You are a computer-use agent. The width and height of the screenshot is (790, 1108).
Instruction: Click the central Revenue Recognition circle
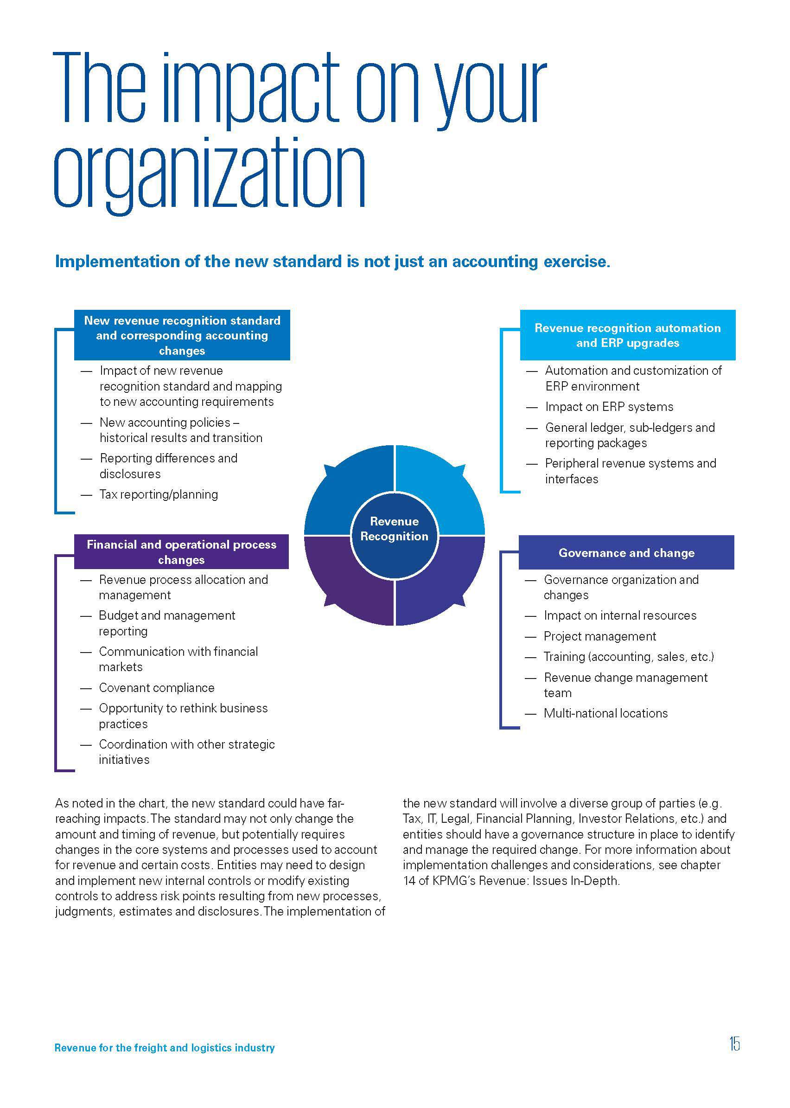click(394, 535)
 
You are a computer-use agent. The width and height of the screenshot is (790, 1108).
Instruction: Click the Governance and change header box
click(626, 552)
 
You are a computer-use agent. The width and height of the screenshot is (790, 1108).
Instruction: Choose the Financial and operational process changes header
click(181, 552)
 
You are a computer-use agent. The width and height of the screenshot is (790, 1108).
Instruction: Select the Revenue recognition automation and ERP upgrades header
click(628, 335)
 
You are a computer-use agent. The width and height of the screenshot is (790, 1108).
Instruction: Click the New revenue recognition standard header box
click(182, 335)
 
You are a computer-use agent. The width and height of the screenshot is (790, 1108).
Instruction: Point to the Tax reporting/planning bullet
click(159, 494)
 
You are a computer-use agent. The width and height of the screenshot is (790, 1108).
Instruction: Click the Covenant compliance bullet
click(157, 688)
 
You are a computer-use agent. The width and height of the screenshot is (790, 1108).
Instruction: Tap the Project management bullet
click(600, 636)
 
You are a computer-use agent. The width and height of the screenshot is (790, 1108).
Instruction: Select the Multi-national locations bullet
click(605, 713)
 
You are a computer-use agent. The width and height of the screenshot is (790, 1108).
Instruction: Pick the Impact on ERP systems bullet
click(609, 407)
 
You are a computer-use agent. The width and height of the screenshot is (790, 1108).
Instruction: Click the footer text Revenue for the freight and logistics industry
click(165, 1048)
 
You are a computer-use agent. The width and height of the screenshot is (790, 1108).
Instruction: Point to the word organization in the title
click(209, 175)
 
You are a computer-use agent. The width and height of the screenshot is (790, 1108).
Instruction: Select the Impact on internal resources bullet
click(620, 615)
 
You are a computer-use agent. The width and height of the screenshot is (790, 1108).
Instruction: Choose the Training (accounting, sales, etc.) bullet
click(629, 657)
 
